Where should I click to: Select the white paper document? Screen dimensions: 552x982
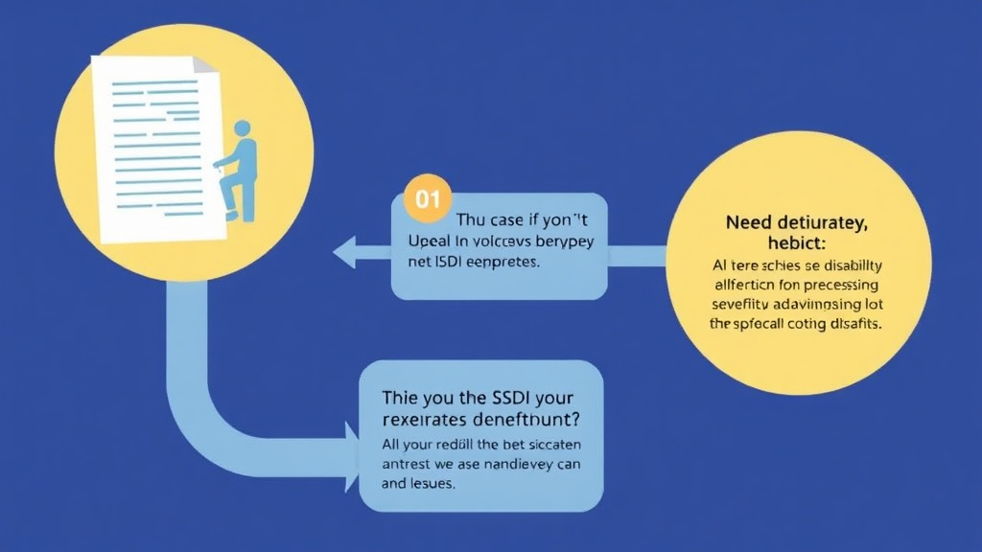coord(153,144)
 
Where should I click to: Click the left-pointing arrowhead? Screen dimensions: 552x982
coord(345,254)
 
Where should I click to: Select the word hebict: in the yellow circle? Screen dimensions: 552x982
coord(796,243)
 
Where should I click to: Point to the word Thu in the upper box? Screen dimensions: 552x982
coord(472,219)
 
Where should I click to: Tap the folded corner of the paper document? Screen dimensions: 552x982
coord(204,66)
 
